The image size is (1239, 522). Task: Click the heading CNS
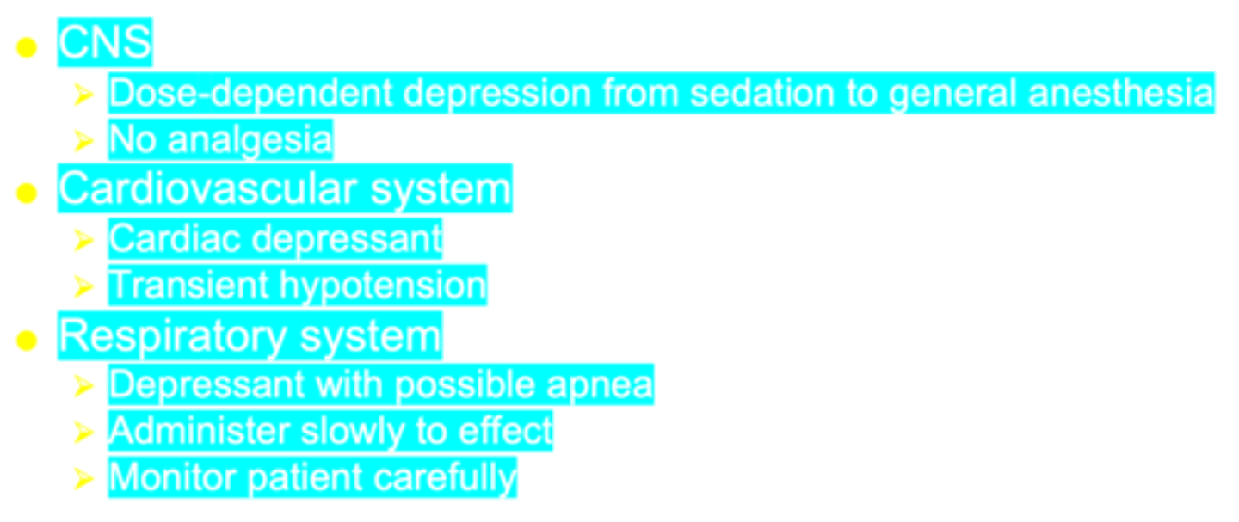click(x=104, y=42)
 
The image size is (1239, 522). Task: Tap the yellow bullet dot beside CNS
click(x=27, y=48)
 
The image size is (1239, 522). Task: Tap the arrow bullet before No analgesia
click(x=83, y=140)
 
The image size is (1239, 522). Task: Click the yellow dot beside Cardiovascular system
click(x=27, y=193)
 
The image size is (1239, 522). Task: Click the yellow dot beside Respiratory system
click(x=27, y=341)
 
